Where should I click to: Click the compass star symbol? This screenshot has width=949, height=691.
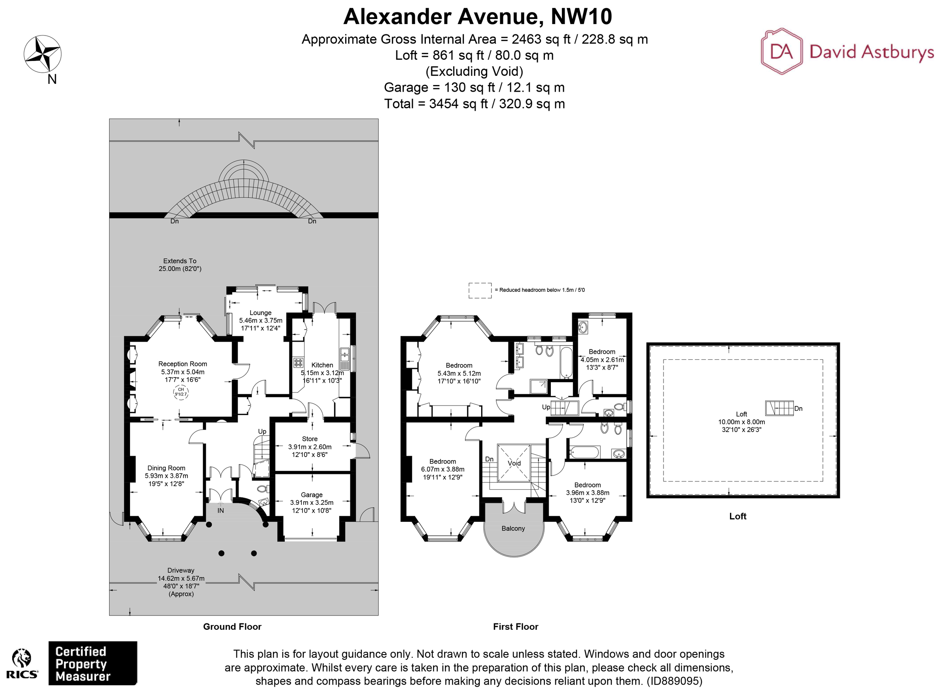tap(42, 54)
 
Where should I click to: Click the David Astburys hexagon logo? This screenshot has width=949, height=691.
tap(781, 51)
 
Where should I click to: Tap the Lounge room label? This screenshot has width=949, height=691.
tap(260, 313)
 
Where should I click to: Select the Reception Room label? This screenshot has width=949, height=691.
tap(182, 364)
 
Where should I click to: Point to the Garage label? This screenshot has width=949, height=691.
tap(311, 495)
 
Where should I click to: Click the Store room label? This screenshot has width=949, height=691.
tap(310, 439)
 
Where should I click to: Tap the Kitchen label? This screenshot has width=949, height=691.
tap(322, 365)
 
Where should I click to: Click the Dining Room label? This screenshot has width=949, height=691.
tap(166, 468)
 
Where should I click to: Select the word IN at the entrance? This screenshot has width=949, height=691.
tap(221, 510)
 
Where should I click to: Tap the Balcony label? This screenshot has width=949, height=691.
tap(513, 528)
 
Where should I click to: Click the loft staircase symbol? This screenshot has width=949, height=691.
tap(779, 408)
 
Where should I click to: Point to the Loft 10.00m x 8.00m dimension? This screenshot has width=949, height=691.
tap(741, 422)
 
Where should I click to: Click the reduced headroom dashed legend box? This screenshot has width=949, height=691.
tap(480, 290)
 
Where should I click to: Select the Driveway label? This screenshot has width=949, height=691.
tap(181, 570)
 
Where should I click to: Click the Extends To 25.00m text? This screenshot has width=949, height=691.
tap(180, 265)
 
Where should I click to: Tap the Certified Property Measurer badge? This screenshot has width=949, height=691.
tap(93, 663)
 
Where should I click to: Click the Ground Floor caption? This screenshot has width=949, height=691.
tap(232, 627)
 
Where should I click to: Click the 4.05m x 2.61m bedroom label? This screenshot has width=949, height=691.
tap(602, 360)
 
